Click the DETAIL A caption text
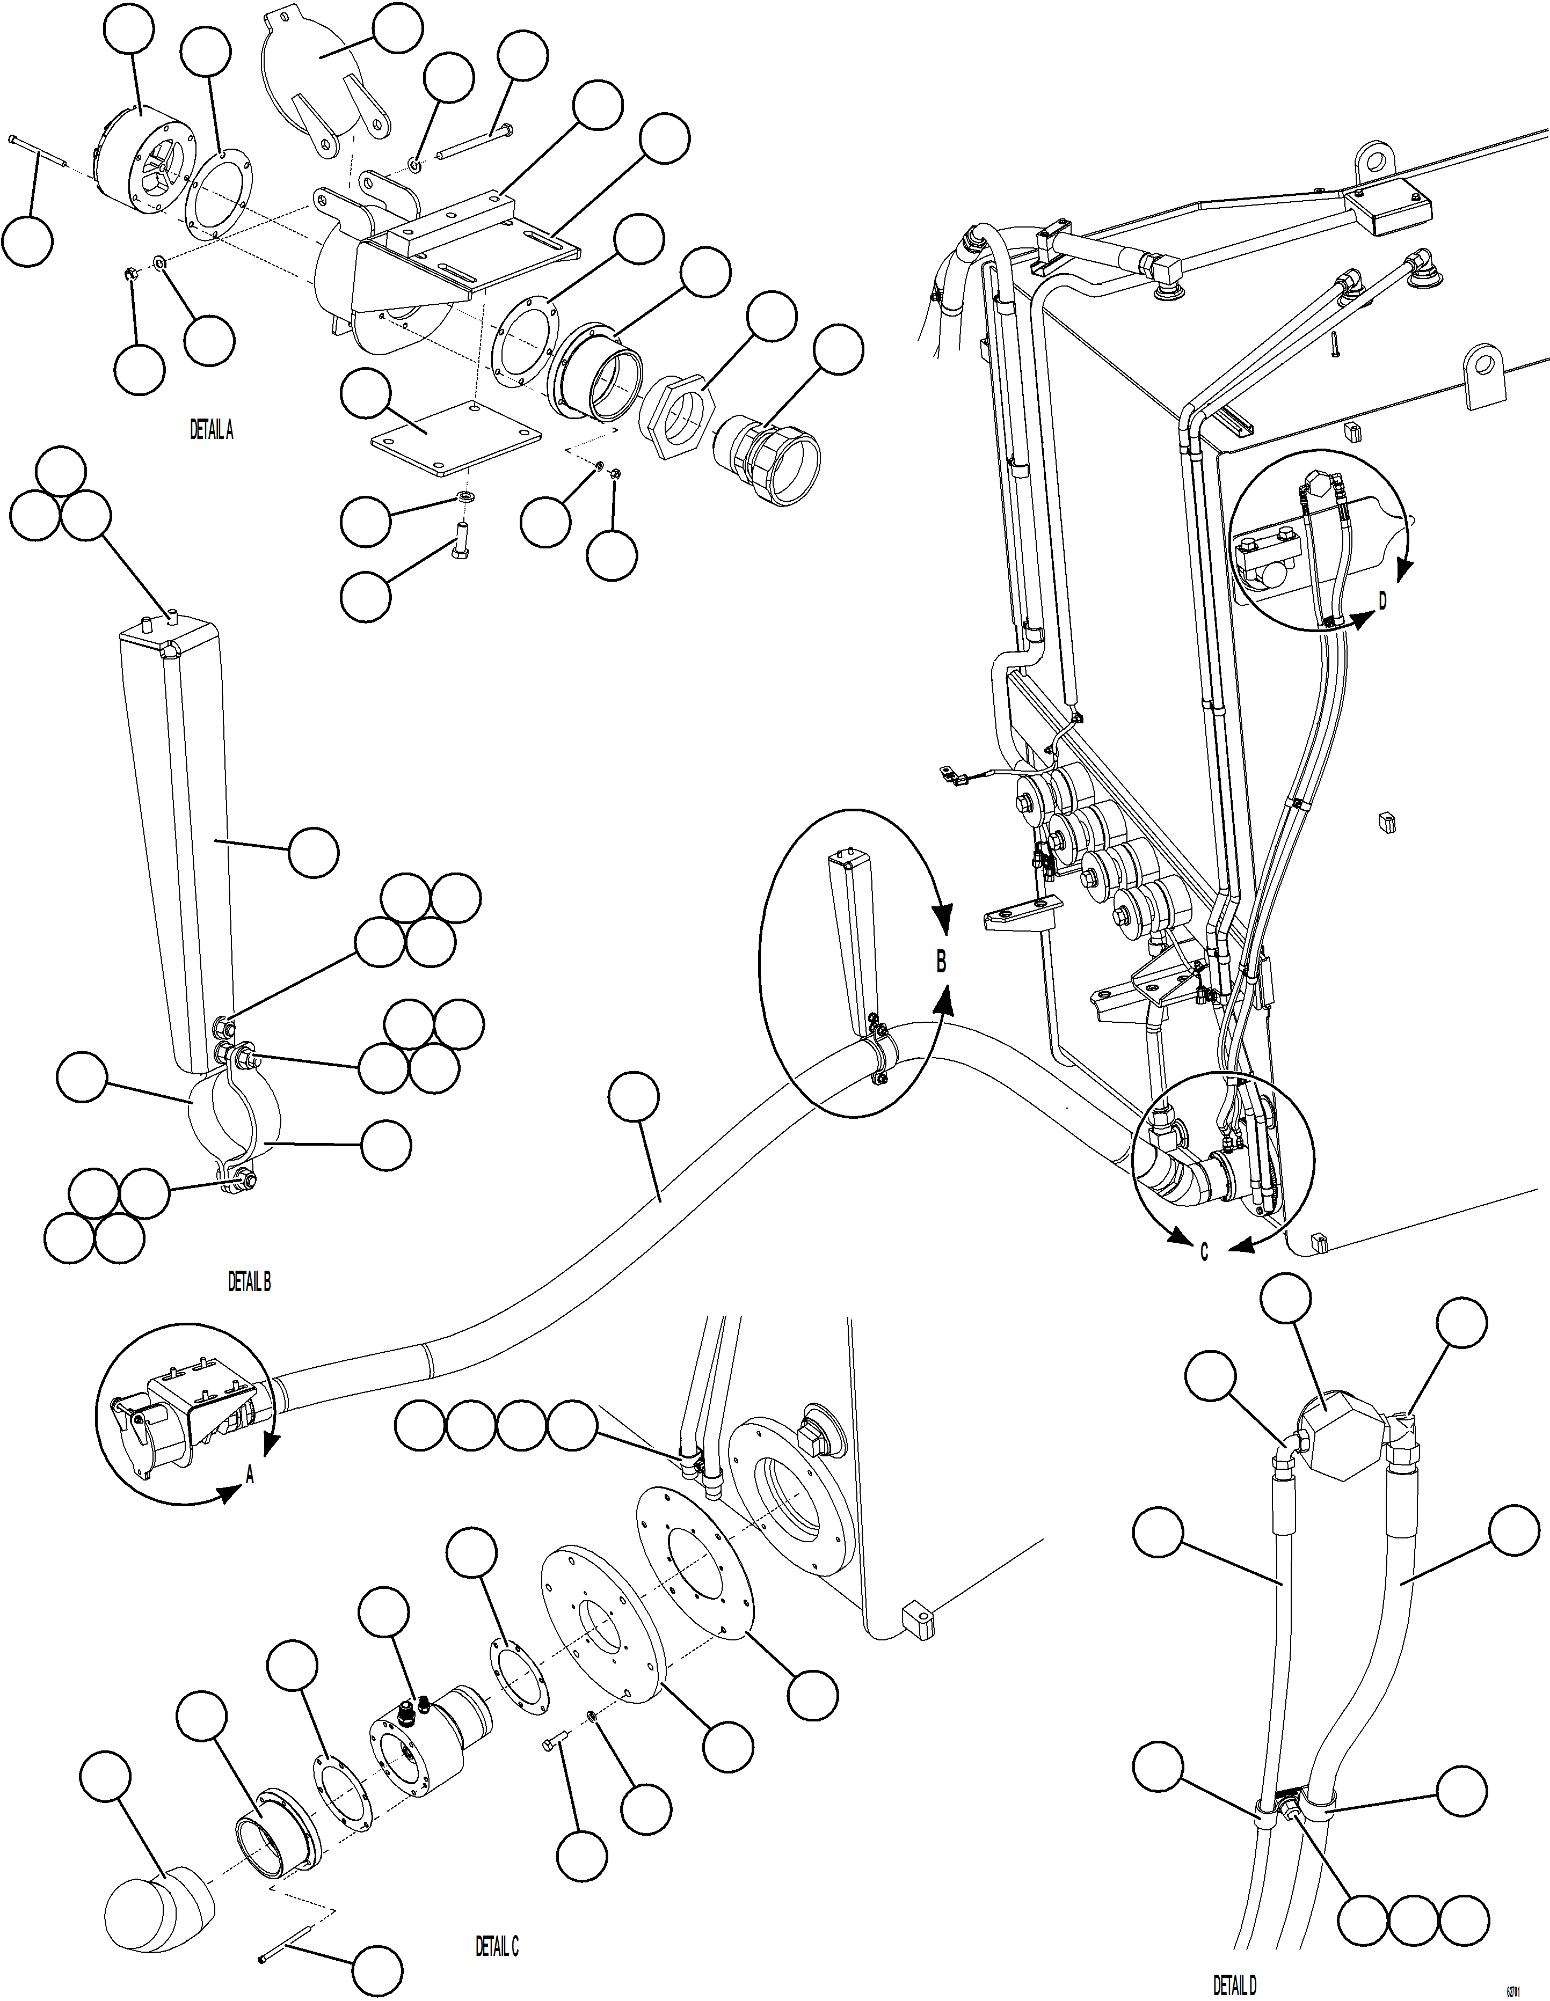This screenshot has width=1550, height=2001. pos(211,430)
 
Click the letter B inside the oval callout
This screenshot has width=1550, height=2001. pos(941,963)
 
